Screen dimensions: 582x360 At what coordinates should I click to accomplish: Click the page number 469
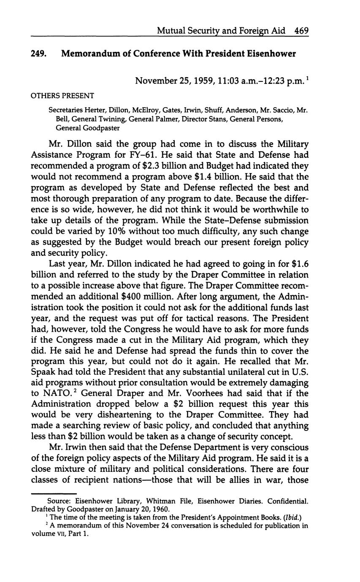(302, 30)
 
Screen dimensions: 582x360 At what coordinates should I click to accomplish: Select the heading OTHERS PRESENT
(62, 96)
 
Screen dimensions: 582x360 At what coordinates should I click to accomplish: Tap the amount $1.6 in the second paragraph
(300, 264)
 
